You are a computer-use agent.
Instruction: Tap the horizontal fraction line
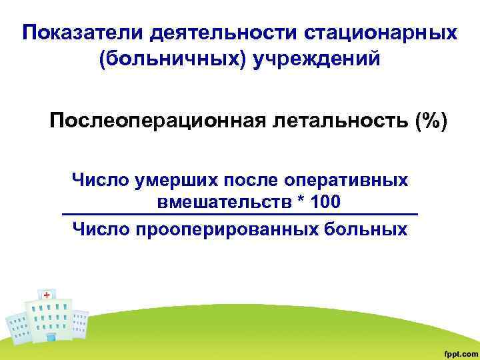[239, 215]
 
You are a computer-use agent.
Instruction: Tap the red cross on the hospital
[47, 294]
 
